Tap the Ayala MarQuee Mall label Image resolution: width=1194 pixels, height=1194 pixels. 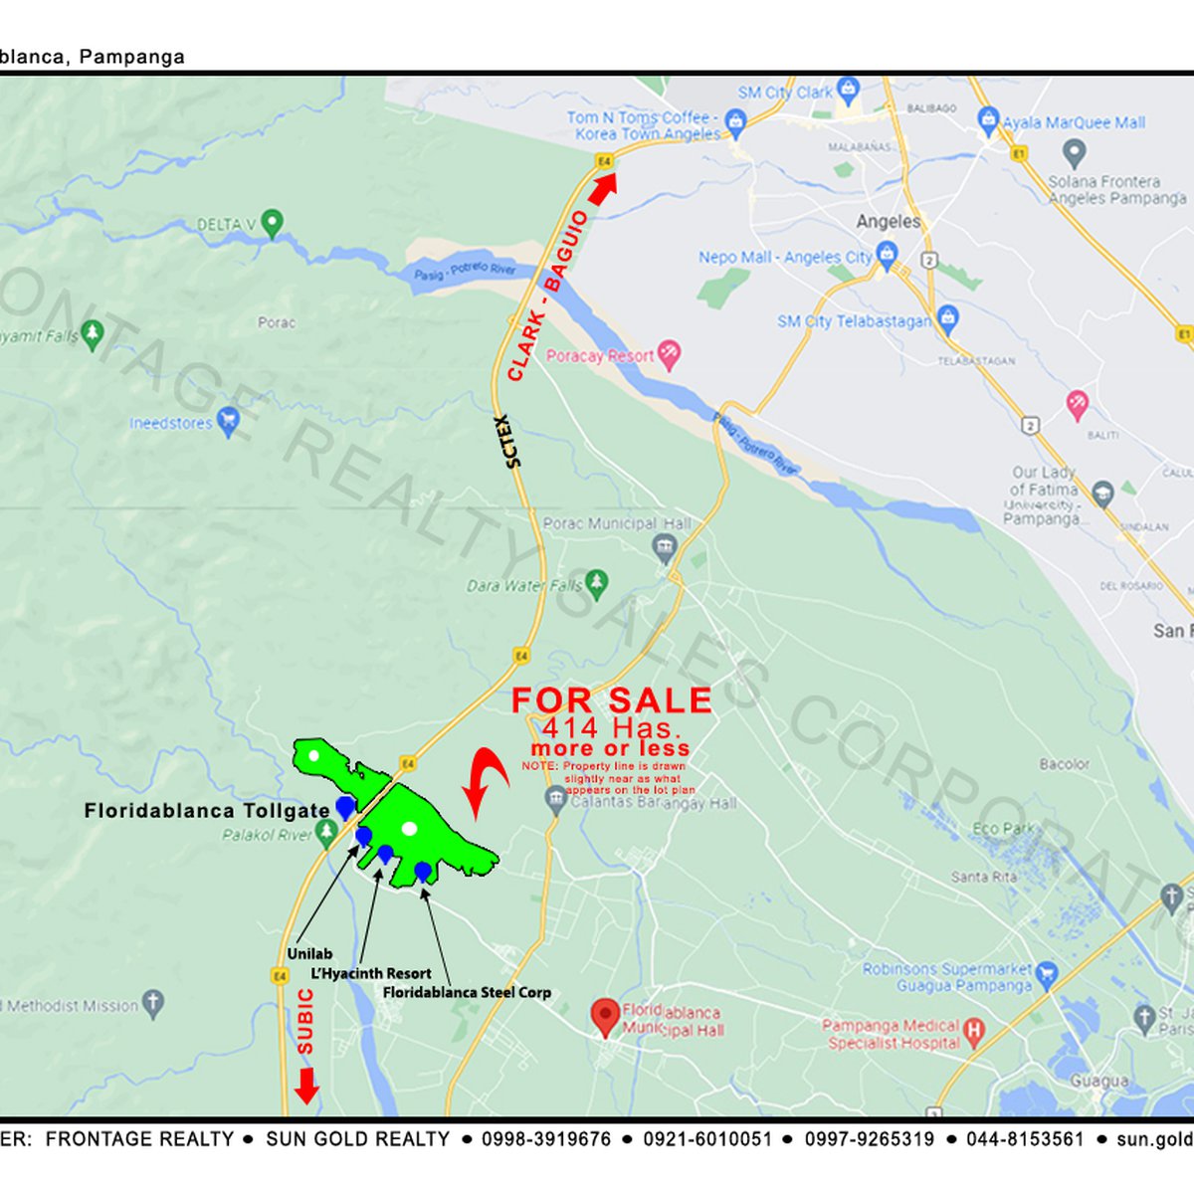tap(1074, 122)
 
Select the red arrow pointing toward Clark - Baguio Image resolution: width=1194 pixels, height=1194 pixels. tap(603, 187)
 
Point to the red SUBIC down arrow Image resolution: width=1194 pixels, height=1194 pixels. tap(306, 1085)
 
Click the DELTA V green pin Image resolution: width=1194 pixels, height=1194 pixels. tap(271, 223)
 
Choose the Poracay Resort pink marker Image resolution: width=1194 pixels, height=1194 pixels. tap(671, 355)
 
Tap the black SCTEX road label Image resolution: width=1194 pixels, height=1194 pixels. tap(509, 441)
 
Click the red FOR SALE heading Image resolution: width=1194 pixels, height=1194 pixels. tap(612, 700)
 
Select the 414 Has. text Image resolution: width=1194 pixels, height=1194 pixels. tap(611, 727)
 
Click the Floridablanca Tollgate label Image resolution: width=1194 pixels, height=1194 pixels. tap(207, 811)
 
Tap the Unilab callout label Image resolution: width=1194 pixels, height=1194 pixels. tap(309, 954)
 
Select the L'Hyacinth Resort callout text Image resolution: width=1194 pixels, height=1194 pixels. tap(371, 973)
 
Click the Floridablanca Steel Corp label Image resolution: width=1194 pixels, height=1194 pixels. tap(467, 992)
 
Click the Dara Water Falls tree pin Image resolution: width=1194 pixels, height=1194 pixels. tap(596, 584)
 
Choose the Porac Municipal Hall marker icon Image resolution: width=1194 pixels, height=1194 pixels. tap(664, 546)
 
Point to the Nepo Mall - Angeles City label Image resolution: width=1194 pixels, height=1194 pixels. tap(785, 257)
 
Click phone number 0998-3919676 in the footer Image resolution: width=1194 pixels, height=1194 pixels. tap(546, 1139)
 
